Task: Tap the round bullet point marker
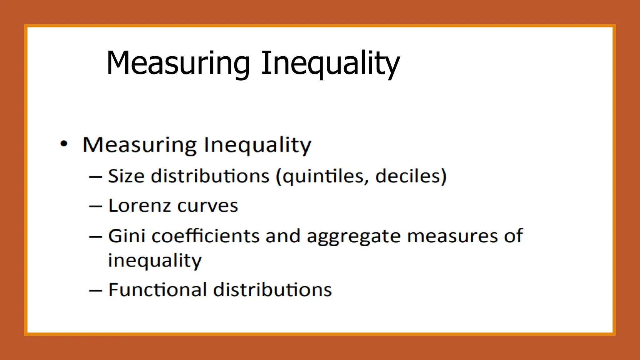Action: pos(64,144)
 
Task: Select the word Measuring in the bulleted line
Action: pos(139,145)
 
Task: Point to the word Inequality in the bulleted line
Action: pos(257,145)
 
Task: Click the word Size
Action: pos(126,176)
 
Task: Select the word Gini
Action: pos(127,236)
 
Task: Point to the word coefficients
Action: pos(205,236)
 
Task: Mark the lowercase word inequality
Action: pos(155,261)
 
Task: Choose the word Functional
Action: pos(157,289)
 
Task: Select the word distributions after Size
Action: pos(210,176)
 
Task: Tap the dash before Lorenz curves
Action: pos(96,207)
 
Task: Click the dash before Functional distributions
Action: pos(96,290)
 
